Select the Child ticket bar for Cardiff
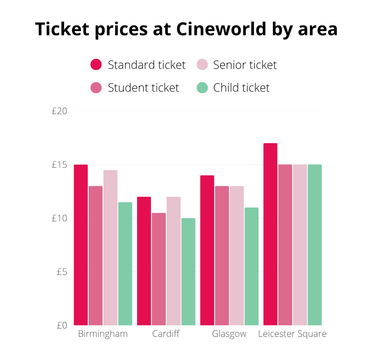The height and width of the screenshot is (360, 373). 188,271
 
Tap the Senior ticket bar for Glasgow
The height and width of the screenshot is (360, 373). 237,256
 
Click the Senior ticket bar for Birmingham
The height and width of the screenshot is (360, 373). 111,248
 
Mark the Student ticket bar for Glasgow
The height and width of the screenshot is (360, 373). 222,256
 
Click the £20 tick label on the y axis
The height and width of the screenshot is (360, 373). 59,111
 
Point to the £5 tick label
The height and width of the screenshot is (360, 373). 62,272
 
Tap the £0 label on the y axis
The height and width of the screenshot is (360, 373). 62,325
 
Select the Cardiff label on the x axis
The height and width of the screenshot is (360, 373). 166,334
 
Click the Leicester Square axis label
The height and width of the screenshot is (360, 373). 292,334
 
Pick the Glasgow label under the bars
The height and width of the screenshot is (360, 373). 229,334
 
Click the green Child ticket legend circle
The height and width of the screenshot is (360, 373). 202,88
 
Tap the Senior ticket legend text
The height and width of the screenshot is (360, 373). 245,65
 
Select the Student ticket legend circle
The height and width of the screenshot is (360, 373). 96,88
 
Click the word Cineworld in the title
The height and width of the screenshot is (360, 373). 221,29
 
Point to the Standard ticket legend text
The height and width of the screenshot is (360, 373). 146,65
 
